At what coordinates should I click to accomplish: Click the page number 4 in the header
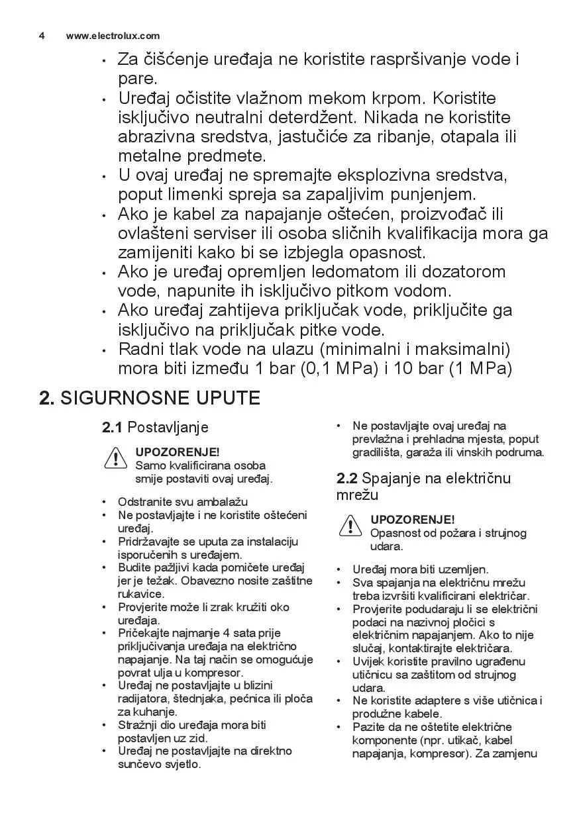[42, 36]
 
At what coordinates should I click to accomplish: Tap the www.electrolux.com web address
[113, 36]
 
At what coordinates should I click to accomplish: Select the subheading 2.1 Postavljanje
[155, 428]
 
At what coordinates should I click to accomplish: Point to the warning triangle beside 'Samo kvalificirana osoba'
[115, 458]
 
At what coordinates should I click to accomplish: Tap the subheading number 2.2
[347, 479]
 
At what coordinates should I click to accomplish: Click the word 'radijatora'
[144, 699]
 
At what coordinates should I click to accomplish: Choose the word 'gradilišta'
[378, 453]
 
